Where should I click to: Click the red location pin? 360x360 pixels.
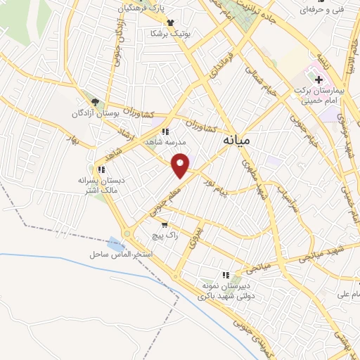click(181, 165)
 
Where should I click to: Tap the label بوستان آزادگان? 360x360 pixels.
click(95, 114)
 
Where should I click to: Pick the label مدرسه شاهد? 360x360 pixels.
click(163, 142)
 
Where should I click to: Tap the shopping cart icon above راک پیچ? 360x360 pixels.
click(165, 225)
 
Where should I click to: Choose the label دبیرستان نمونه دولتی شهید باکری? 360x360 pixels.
click(226, 292)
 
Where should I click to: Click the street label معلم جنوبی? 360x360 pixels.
click(164, 198)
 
